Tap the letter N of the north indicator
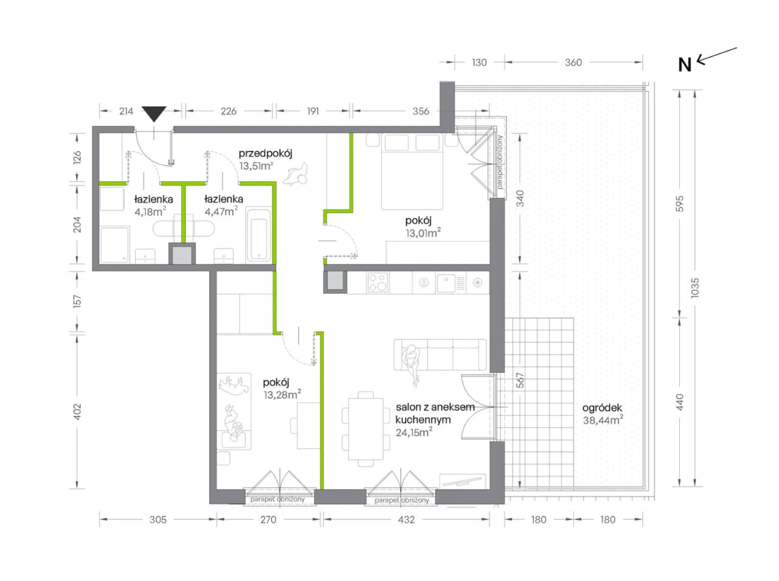point(685,65)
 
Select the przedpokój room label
point(265,154)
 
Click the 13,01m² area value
point(423,233)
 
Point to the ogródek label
point(603,408)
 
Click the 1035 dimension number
point(695,288)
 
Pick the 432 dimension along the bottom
point(406,520)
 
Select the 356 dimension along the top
point(421,111)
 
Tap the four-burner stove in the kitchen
point(377,282)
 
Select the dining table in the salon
point(366,429)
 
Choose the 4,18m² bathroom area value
point(150,212)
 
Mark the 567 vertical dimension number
point(520,380)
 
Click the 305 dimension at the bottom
point(158,520)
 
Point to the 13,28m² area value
point(282,394)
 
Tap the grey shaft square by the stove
point(335,282)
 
